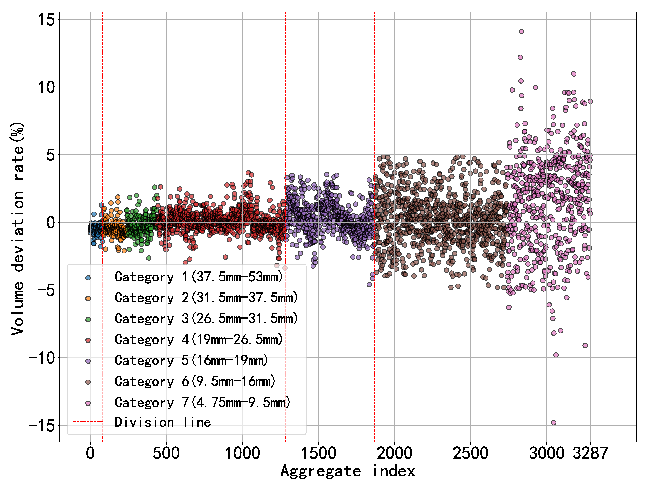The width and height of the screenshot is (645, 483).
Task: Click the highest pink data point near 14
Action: point(521,32)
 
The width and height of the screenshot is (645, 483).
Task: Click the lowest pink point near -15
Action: point(553,422)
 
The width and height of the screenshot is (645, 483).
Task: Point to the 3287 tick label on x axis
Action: point(590,453)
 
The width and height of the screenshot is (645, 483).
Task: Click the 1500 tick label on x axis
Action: point(318,453)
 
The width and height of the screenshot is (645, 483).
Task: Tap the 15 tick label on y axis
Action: point(46,20)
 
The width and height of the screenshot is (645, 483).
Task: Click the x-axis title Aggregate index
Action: point(347,471)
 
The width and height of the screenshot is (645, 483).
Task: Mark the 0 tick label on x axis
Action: point(90,453)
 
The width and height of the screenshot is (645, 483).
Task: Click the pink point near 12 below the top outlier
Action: point(520,57)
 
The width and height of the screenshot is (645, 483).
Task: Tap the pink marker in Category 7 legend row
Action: point(88,403)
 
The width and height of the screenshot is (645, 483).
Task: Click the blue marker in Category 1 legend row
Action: point(88,277)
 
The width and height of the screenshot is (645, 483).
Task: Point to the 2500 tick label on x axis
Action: point(470,453)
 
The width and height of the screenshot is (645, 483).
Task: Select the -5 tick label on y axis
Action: point(46,290)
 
